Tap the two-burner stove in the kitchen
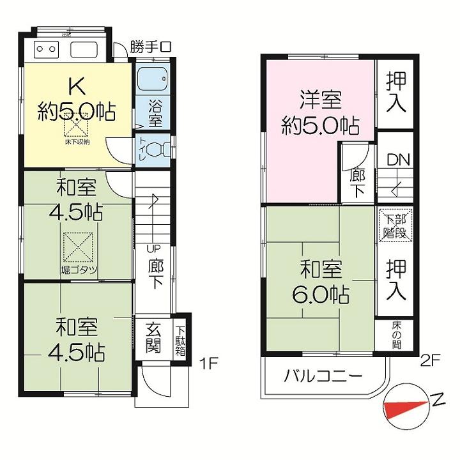46,48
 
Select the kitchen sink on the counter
84,49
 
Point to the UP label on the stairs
153,249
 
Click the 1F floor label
209,364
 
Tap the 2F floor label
430,360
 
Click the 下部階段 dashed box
396,226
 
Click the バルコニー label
324,375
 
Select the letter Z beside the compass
438,402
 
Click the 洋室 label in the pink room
321,100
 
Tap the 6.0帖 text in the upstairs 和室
321,296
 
